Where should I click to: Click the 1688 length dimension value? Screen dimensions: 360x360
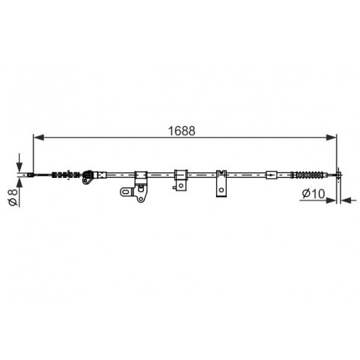[x=181, y=131]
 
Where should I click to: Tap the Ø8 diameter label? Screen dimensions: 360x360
[x=13, y=197]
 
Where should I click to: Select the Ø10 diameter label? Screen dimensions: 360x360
[x=313, y=194]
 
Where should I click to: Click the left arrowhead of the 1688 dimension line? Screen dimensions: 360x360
[x=39, y=137]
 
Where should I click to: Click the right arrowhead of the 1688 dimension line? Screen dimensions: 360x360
[x=331, y=137]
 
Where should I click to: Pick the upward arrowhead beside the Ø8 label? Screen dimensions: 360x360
[x=20, y=183]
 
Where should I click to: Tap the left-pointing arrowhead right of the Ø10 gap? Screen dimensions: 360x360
[x=346, y=200]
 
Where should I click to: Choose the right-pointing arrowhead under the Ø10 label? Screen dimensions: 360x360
[x=331, y=200]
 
